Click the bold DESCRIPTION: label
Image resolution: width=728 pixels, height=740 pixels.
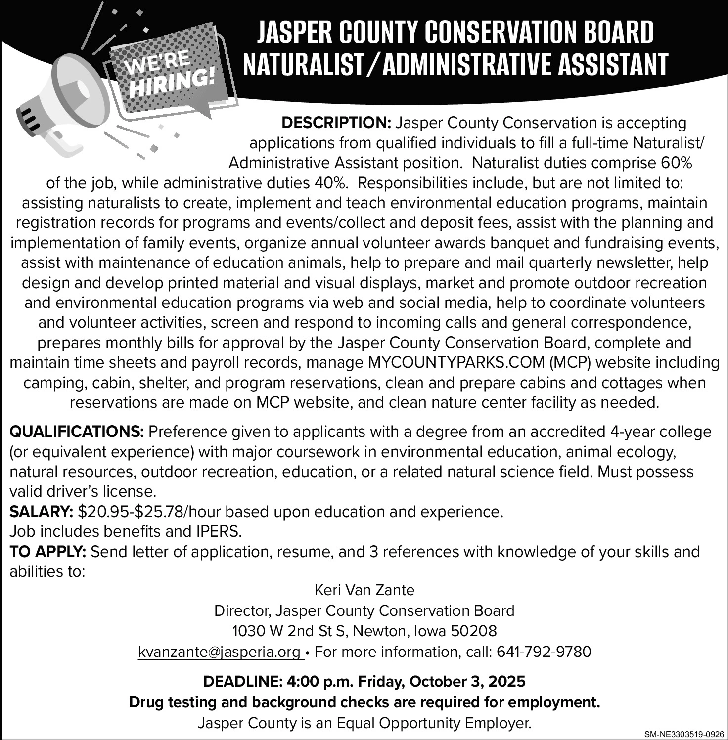click(x=336, y=123)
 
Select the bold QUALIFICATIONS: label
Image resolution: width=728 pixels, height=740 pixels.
click(x=77, y=432)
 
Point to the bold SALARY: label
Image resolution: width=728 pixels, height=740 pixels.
click(x=42, y=511)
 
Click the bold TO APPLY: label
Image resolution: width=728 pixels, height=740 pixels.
click(x=48, y=551)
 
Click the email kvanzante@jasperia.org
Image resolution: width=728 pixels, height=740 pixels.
click(x=220, y=652)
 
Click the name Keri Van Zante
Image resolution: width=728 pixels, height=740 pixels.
click(x=364, y=590)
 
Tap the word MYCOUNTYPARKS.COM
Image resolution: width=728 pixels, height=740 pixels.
click(x=455, y=363)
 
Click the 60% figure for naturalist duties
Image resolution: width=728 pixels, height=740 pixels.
click(x=676, y=163)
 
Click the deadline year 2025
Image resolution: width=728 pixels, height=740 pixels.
click(x=507, y=682)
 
